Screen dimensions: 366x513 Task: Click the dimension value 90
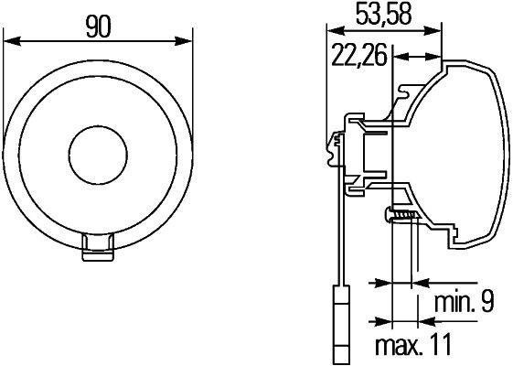(99, 25)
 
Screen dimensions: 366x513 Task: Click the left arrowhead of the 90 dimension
(11, 39)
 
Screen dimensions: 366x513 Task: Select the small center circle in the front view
(98, 151)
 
